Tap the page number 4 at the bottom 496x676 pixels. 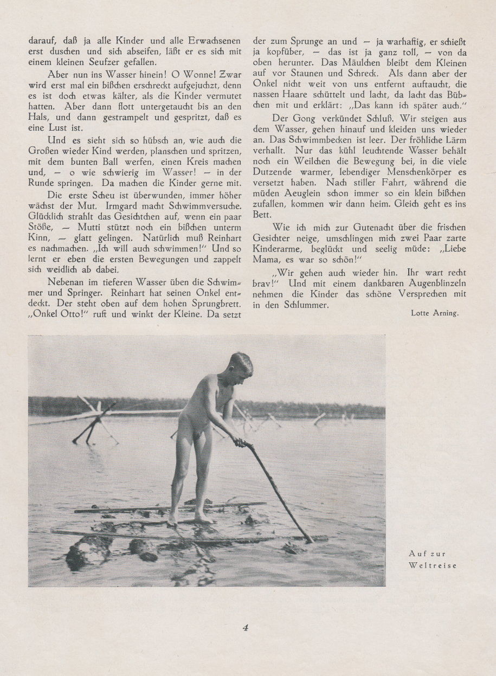[245, 628]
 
